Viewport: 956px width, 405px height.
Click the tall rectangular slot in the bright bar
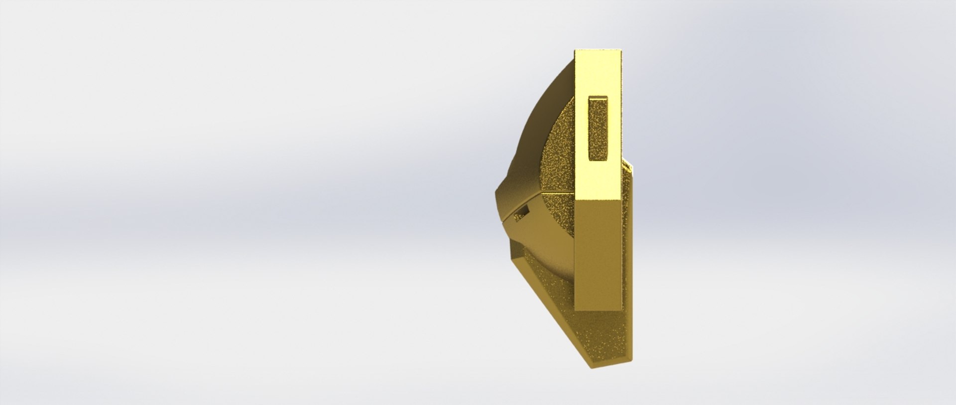(x=599, y=129)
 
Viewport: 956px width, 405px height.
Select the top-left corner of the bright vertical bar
(x=576, y=50)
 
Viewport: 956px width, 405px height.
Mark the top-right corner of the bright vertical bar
(x=621, y=50)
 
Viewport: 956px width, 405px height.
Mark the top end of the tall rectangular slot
(x=599, y=98)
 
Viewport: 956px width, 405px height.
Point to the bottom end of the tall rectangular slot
(x=599, y=159)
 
